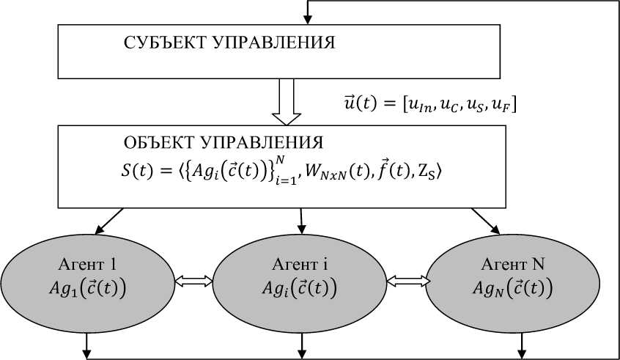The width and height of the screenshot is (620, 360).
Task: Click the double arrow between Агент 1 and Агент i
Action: point(194,280)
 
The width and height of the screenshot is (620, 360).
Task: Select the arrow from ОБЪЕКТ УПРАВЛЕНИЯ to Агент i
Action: point(301,218)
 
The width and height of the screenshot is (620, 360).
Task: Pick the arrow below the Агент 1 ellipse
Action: point(88,345)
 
